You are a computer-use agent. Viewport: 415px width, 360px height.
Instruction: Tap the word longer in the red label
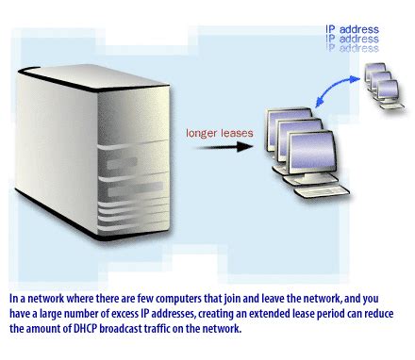202,134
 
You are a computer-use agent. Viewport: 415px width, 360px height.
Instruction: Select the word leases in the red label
236,134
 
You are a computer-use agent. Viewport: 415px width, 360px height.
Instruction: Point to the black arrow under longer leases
216,150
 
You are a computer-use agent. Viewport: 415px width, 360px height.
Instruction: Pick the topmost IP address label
351,29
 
